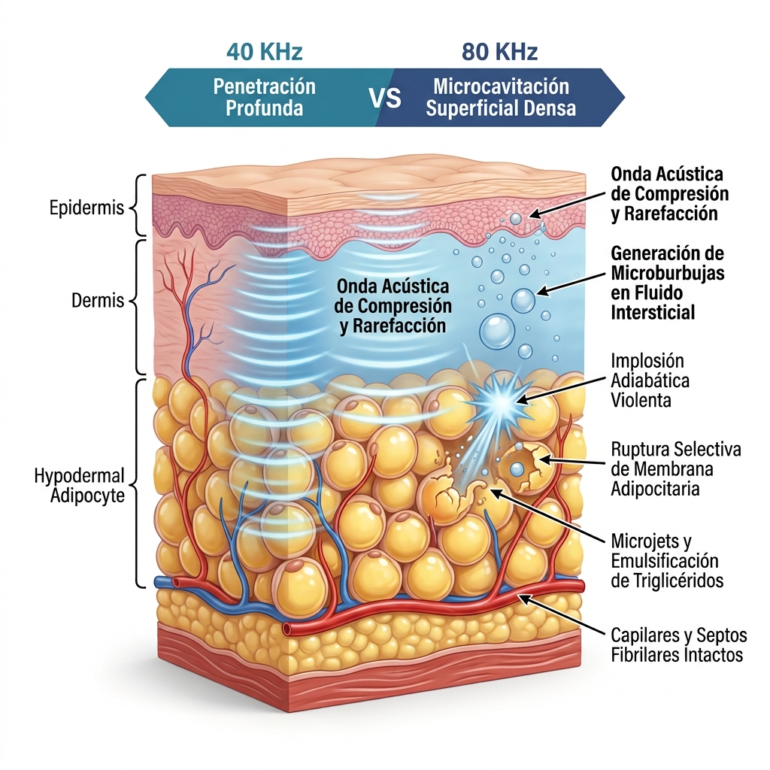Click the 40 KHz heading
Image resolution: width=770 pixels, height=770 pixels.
tap(264, 52)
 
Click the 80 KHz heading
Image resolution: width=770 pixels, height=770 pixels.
tap(500, 52)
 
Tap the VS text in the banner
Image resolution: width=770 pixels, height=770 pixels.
tap(385, 97)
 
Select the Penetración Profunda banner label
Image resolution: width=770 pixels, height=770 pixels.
tap(264, 97)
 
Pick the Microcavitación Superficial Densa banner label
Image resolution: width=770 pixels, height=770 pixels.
tap(501, 97)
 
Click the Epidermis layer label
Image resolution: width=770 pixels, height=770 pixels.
tap(87, 208)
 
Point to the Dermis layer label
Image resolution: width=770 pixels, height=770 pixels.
tap(98, 300)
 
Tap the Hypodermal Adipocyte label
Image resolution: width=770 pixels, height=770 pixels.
tap(80, 485)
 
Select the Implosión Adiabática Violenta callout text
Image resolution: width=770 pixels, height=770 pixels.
tap(650, 380)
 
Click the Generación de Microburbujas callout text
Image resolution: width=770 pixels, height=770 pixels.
tap(668, 283)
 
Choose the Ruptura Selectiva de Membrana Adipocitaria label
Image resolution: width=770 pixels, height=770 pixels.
tap(676, 469)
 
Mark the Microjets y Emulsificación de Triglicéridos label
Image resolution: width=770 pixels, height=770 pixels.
tap(668, 561)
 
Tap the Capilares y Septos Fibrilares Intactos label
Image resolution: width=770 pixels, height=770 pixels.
tap(679, 644)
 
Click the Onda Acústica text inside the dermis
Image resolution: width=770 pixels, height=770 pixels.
tap(393, 306)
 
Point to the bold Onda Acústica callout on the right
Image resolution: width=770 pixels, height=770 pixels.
tap(670, 193)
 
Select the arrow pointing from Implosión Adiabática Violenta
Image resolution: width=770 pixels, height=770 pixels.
tap(560, 390)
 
